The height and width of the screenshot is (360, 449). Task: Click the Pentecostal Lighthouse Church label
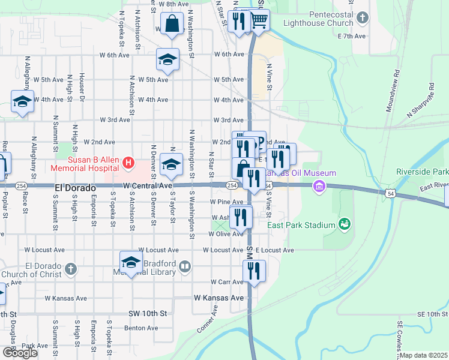coord(322,18)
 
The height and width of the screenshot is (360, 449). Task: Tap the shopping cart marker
coord(259,20)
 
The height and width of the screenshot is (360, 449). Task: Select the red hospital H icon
coord(127,162)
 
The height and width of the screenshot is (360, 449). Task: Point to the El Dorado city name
coord(75,188)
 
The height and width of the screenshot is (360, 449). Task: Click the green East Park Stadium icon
coord(345,225)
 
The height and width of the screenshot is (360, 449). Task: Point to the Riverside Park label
coord(422,172)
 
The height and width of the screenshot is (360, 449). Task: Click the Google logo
coord(20,353)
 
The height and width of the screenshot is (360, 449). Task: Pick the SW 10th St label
coord(147,314)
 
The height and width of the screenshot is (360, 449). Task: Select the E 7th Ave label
coord(352,36)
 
